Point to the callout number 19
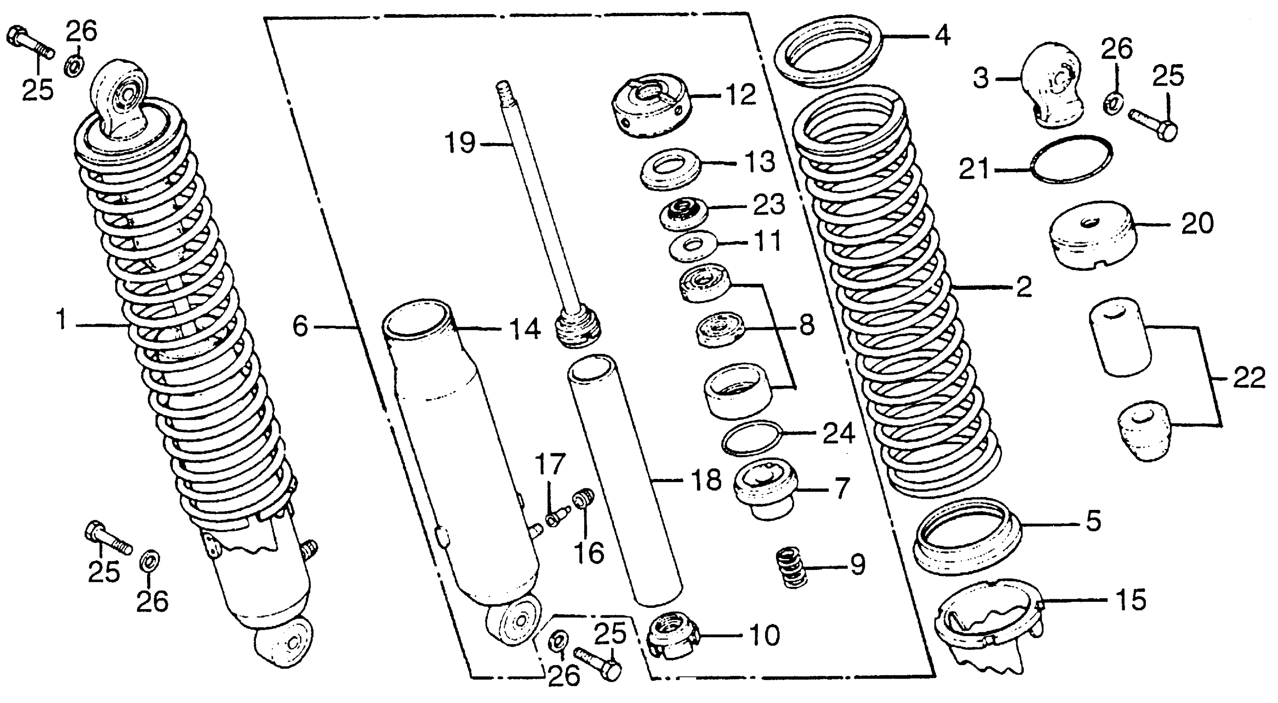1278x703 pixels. [x=459, y=143]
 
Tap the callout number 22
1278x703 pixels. [x=1248, y=378]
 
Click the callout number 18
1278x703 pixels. [x=707, y=481]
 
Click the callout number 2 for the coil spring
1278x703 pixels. [x=1024, y=287]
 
